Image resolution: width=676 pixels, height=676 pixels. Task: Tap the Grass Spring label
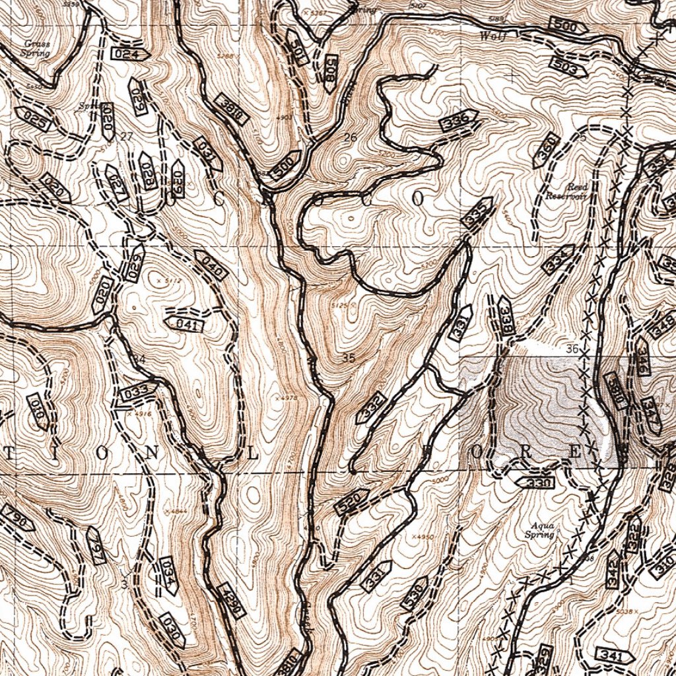(x=36, y=48)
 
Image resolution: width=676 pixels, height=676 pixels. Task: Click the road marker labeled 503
(x=567, y=67)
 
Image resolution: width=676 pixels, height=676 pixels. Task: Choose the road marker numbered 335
(x=478, y=213)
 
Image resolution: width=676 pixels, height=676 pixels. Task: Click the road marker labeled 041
(x=185, y=324)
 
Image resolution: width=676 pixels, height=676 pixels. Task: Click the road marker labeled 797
(x=96, y=545)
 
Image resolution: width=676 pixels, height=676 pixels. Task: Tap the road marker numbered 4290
(x=230, y=601)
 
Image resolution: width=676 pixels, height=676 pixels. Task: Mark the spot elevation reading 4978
(x=290, y=399)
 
